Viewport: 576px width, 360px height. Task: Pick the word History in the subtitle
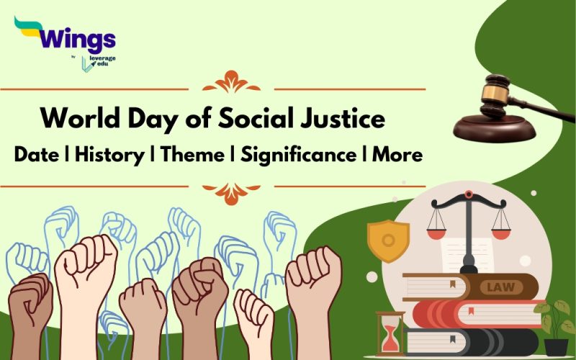[109, 154]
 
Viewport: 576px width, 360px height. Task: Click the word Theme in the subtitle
[194, 154]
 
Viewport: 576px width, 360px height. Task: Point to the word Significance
[299, 154]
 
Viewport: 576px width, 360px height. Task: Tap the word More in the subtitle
[397, 154]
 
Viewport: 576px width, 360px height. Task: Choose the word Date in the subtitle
[35, 154]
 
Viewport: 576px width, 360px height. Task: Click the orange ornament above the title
[231, 81]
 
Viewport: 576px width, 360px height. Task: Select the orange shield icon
[387, 239]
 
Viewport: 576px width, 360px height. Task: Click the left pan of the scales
[437, 232]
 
